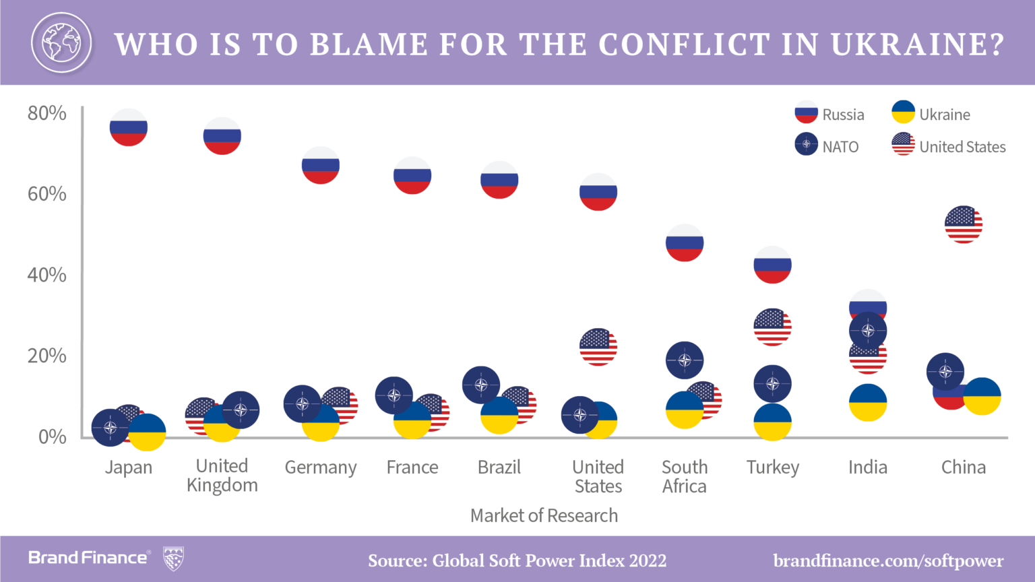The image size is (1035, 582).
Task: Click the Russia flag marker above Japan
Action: click(129, 127)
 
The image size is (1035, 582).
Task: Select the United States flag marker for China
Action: click(964, 224)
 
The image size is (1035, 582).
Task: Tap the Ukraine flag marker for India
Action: click(868, 403)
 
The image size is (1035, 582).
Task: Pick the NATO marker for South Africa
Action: click(685, 360)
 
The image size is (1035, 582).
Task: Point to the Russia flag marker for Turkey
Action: click(772, 265)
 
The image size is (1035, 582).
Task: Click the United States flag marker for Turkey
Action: click(772, 327)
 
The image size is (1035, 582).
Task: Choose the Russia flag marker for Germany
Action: click(321, 165)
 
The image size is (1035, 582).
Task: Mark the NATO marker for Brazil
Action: click(481, 385)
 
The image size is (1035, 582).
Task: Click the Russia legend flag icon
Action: click(806, 112)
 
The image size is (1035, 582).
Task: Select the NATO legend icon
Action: click(806, 144)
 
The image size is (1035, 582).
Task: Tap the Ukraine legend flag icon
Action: click(903, 112)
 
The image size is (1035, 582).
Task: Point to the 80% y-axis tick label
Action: click(47, 113)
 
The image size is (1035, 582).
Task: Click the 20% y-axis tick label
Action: click(47, 356)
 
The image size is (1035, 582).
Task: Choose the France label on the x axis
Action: click(412, 467)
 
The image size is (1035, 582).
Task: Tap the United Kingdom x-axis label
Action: click(222, 476)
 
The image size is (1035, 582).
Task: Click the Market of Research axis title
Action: click(544, 516)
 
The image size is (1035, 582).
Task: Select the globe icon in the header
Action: click(61, 43)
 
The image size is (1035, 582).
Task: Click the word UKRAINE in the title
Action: click(917, 44)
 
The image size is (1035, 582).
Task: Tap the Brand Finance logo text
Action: click(88, 558)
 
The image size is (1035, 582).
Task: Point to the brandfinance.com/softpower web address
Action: click(888, 560)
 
